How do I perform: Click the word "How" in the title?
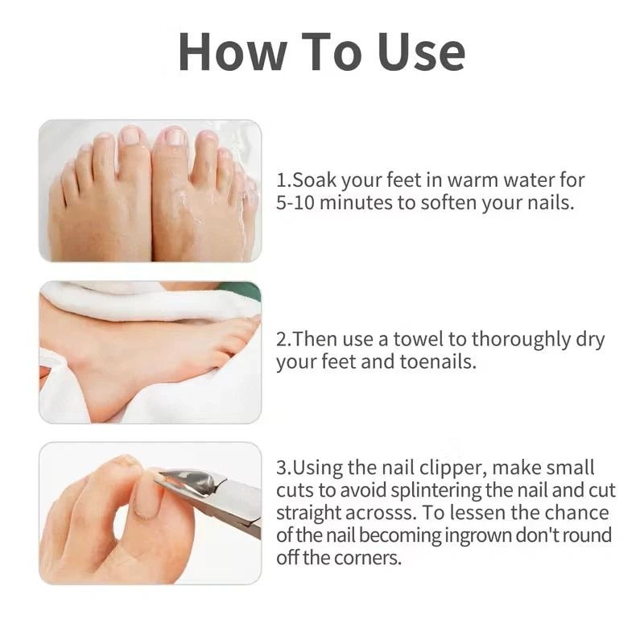coord(233,52)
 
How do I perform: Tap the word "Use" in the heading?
coord(421,52)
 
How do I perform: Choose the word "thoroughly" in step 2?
coord(521,340)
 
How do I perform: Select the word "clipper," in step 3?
coord(453,469)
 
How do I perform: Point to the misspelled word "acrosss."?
coord(381,513)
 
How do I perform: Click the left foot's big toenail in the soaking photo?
coord(130,136)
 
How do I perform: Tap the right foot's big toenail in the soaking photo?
coord(173,136)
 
